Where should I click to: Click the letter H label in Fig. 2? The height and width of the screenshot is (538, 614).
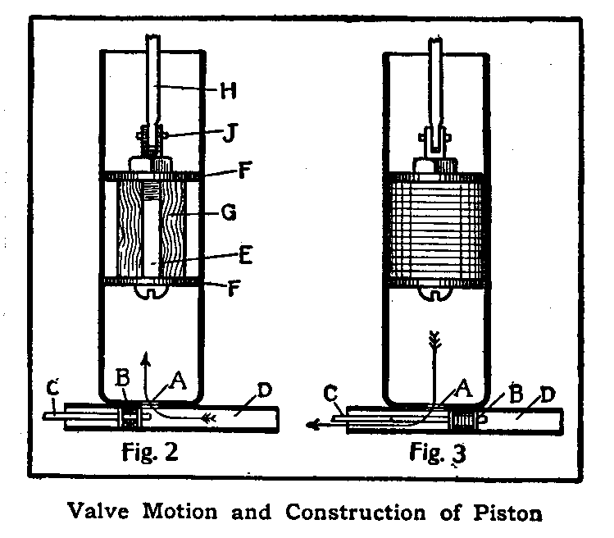tap(231, 91)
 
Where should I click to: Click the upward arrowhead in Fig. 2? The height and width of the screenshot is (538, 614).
tap(144, 358)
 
